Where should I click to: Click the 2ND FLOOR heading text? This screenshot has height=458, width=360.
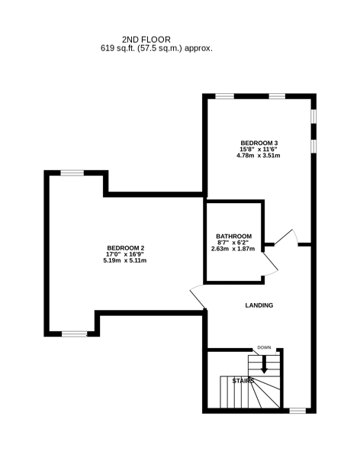146,40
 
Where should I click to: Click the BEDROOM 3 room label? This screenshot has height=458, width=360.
259,143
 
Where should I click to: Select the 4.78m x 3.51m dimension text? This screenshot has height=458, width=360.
258,156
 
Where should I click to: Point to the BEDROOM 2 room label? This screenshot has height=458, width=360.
126,248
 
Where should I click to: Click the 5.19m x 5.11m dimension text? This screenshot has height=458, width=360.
124,260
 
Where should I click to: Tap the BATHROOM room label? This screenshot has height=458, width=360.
233,236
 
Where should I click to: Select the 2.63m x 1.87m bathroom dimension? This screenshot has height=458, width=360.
233,249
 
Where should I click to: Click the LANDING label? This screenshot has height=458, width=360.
259,305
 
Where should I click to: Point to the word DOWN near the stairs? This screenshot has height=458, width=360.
264,347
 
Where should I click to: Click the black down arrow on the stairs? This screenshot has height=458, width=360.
264,364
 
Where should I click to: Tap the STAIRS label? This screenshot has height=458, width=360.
243,381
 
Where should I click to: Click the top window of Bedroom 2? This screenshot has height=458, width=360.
72,173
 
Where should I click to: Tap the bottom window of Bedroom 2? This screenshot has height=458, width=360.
75,334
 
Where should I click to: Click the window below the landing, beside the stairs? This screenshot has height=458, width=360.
297,411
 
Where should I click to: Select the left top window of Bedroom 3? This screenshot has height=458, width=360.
225,96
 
